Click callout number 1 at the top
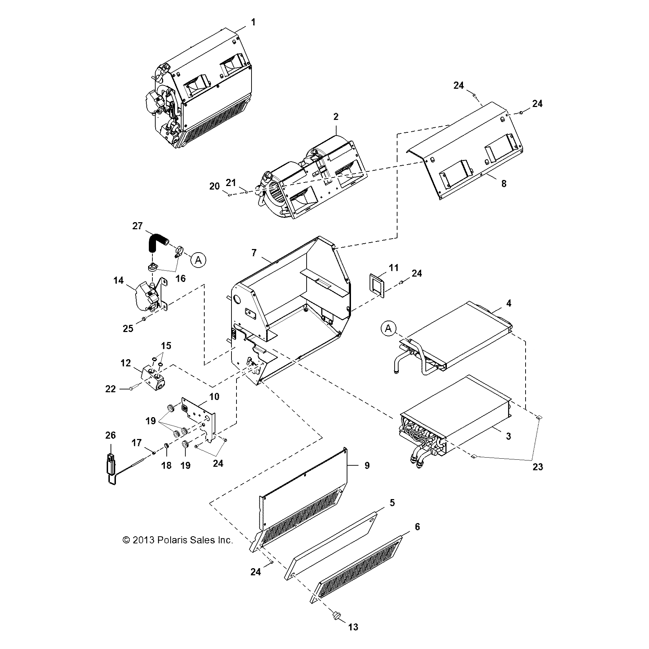(253, 22)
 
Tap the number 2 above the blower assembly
(336, 117)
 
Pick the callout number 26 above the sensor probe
(111, 435)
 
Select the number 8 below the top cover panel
(504, 184)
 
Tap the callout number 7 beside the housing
(254, 253)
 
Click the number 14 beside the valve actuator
(118, 280)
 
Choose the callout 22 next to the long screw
(111, 389)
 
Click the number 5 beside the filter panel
(392, 502)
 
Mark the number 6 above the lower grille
(417, 527)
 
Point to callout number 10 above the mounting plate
(214, 396)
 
